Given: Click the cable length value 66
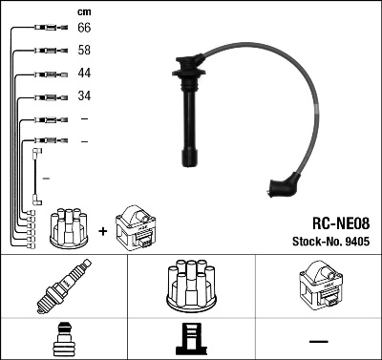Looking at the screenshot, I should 84,30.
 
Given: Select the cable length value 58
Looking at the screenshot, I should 84,51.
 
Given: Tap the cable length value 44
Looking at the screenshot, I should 84,74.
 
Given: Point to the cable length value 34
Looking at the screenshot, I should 84,96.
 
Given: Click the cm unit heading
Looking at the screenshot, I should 83,11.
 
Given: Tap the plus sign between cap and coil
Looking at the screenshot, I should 102,230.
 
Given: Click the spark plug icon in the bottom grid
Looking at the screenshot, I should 64,286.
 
